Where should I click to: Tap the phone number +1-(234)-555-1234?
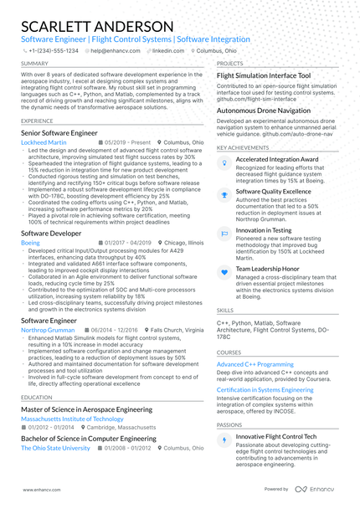(54, 50)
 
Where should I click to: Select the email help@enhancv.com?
(116, 50)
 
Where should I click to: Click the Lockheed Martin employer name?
(44, 143)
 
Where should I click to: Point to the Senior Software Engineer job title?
(60, 132)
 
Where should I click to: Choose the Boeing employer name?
(29, 241)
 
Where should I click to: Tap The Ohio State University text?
(54, 448)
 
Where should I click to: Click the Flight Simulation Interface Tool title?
(263, 75)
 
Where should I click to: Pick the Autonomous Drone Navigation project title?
(263, 110)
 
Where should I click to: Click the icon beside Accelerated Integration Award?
(224, 159)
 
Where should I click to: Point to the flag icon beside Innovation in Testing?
(224, 231)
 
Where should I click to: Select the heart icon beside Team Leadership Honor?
(224, 270)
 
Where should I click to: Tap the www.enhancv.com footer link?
(39, 489)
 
